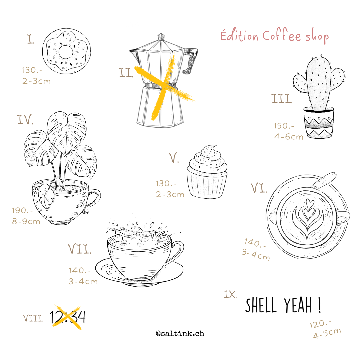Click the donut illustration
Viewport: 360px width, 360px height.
(66, 51)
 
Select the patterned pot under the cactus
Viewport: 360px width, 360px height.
(318, 123)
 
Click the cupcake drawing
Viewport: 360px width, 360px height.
(207, 172)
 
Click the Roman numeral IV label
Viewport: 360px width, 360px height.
(25, 120)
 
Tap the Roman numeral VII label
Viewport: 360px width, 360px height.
(79, 249)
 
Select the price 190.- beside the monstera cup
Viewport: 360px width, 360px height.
(22, 211)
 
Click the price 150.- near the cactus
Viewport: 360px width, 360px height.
(284, 126)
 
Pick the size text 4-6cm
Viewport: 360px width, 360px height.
(289, 137)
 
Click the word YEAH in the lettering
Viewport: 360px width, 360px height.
(298, 305)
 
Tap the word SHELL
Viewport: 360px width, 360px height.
(261, 305)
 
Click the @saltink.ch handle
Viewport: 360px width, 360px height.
(180, 333)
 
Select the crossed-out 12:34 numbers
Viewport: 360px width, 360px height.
(68, 317)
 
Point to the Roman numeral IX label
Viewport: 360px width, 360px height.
(230, 295)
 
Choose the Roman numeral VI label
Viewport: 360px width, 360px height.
(259, 188)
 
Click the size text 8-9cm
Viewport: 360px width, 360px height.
(26, 222)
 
